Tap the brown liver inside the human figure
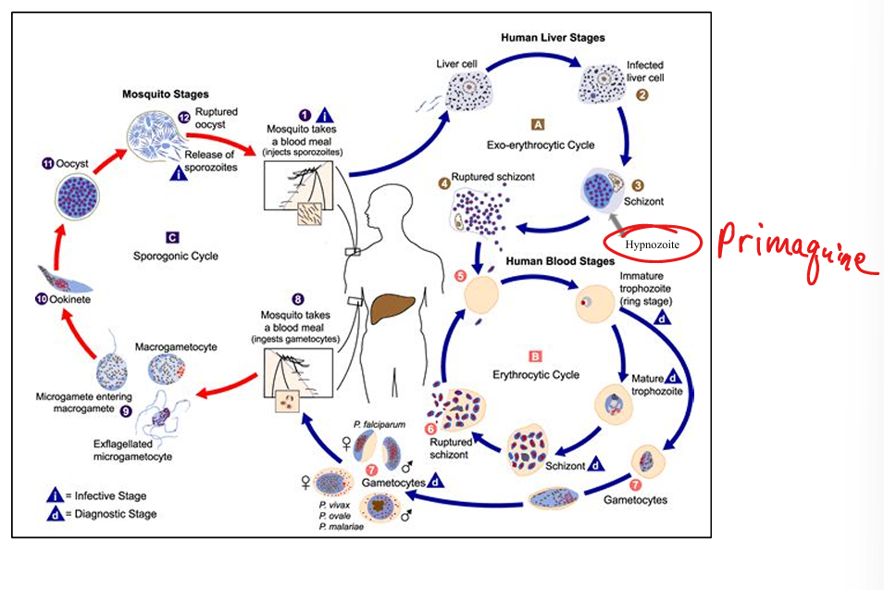394,306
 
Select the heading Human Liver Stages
553,38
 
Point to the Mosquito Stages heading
166,94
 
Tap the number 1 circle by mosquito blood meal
293,114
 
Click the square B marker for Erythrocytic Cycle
534,355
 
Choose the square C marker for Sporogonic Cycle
173,236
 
